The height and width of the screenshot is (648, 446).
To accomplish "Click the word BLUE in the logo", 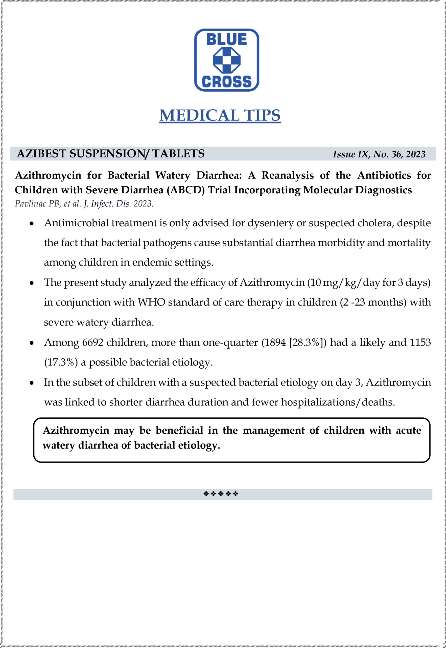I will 226,39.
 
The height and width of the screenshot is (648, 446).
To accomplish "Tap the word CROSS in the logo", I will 226,82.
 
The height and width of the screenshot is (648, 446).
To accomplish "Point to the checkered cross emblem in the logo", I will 226,60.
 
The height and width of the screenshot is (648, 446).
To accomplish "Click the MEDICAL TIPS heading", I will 220,115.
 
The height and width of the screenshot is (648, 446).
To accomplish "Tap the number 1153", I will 420,342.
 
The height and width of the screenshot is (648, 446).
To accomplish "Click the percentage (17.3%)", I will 61,362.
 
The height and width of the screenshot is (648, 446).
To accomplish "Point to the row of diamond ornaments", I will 221,494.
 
